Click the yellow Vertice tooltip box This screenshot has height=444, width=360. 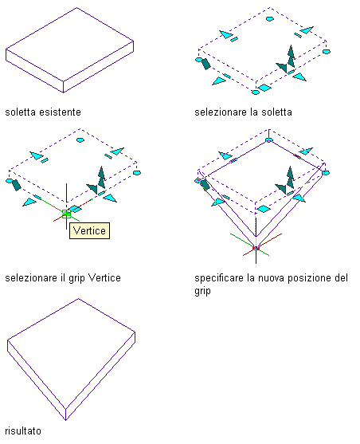click(x=89, y=231)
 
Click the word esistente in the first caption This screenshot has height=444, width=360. click(x=60, y=112)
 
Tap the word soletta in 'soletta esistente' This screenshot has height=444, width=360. click(x=21, y=112)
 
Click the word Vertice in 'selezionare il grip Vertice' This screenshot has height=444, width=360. click(x=104, y=277)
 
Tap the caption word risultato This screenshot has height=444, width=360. click(x=23, y=431)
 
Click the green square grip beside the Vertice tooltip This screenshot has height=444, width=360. click(x=67, y=214)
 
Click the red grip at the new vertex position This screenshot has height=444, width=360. click(x=256, y=249)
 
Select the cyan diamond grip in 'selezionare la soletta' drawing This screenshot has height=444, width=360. click(x=264, y=88)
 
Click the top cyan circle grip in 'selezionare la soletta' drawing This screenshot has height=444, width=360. click(x=270, y=19)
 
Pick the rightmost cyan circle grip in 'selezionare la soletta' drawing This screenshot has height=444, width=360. click(x=327, y=52)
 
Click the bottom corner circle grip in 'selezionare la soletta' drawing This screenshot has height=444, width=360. click(x=256, y=92)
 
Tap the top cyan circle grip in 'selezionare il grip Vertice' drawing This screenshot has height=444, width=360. click(x=80, y=139)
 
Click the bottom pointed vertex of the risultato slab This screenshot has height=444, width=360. click(x=65, y=420)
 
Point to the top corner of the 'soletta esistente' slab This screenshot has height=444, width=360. click(x=77, y=8)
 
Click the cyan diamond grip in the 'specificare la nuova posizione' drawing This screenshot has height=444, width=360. click(x=263, y=209)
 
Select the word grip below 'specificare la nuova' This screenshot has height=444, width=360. click(x=202, y=291)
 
